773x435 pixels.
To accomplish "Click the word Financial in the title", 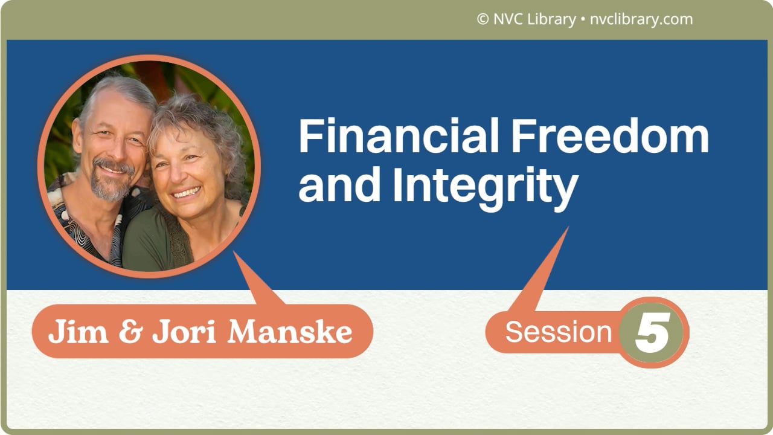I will pyautogui.click(x=399, y=137).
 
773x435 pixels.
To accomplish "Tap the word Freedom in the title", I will pyautogui.click(x=610, y=137).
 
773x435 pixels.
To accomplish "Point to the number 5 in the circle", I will pyautogui.click(x=653, y=333).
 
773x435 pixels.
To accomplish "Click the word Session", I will pyautogui.click(x=559, y=332).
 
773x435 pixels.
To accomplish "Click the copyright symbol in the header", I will pyautogui.click(x=483, y=19).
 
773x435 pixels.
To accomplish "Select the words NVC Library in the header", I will pyautogui.click(x=534, y=19).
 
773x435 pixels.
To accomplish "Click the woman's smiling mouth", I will pyautogui.click(x=187, y=193).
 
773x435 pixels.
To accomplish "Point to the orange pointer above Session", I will pyautogui.click(x=544, y=272).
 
